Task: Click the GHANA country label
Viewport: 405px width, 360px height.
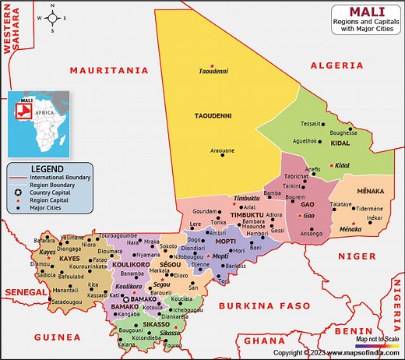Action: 264,341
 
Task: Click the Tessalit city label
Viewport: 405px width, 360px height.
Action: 312,124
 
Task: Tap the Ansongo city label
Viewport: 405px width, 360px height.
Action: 311,233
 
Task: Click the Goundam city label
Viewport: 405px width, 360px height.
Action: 205,210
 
